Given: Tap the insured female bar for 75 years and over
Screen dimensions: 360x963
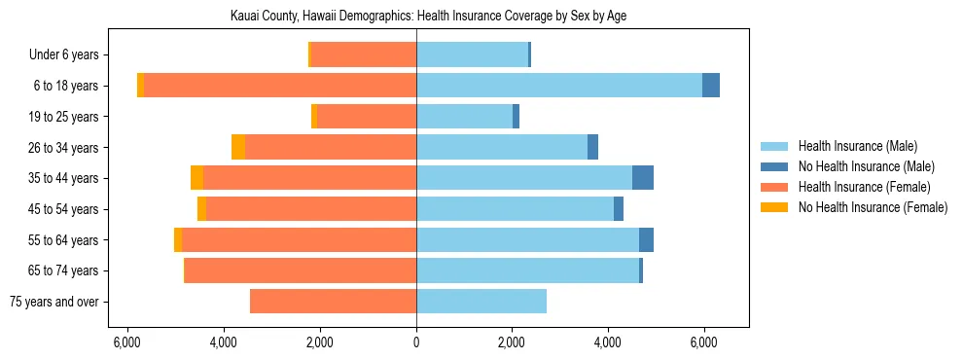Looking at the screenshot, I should point(333,302).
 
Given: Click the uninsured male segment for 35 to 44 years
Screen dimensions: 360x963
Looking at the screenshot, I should point(642,178).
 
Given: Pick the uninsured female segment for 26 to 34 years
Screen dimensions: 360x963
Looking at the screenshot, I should point(238,147).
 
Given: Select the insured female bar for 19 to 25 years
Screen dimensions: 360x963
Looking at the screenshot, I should point(367,117).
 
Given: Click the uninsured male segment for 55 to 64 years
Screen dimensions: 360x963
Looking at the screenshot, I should point(646,239).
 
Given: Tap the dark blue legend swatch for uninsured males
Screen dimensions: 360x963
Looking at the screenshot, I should point(774,166).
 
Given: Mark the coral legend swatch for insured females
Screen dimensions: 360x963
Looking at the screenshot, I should point(774,187).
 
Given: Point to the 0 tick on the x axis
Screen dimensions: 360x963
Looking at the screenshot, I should point(416,342).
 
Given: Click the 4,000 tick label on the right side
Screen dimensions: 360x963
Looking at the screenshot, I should point(608,342).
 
